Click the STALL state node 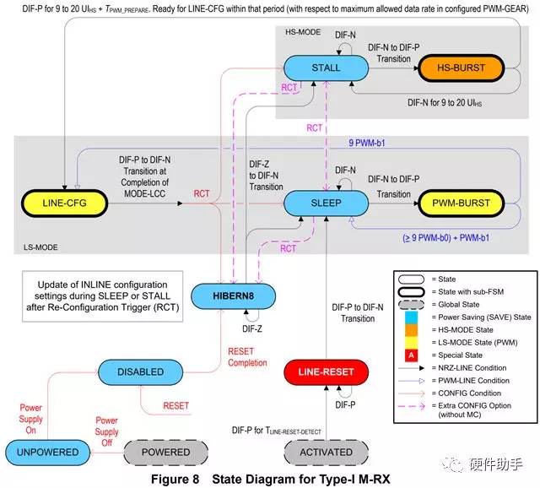point(326,68)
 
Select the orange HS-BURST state point(458,68)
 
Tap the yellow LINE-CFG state point(64,203)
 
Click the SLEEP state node point(326,203)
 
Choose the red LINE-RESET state point(326,371)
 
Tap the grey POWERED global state point(166,452)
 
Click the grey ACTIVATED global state point(327,452)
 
